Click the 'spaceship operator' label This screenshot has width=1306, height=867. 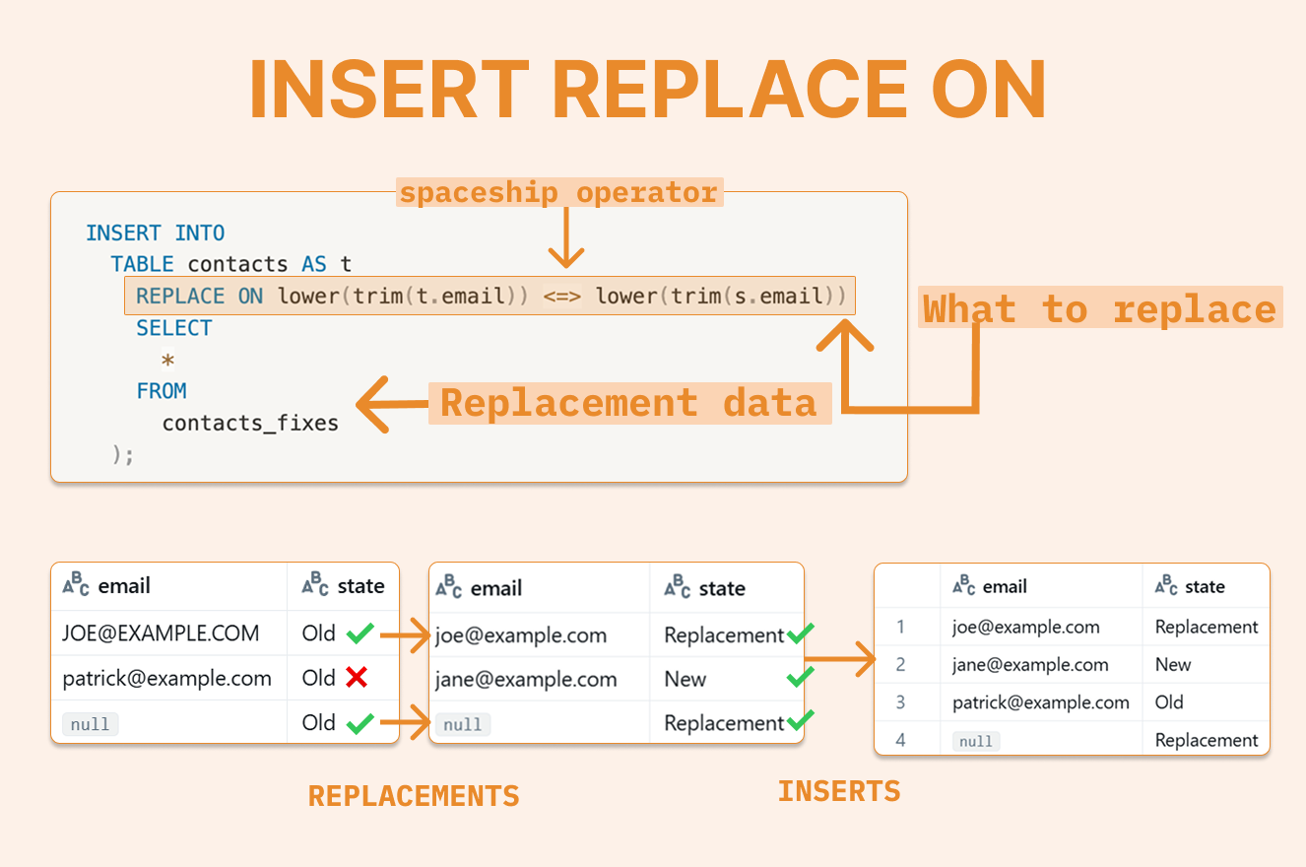pyautogui.click(x=559, y=192)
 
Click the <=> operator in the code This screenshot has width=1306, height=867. pyautogui.click(x=561, y=297)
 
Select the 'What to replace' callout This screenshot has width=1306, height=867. pyautogui.click(x=1099, y=309)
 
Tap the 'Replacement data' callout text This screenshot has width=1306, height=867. pyautogui.click(x=628, y=403)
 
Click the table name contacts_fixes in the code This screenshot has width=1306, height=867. pyautogui.click(x=250, y=424)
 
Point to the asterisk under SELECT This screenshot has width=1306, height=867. pyautogui.click(x=168, y=361)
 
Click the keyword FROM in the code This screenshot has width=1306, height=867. pyautogui.click(x=162, y=391)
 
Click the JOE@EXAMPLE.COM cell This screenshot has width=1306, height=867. pyautogui.click(x=161, y=634)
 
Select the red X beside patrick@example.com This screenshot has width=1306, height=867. pyautogui.click(x=357, y=678)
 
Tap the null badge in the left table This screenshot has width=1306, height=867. pyautogui.click(x=91, y=724)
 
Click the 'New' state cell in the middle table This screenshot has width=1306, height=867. pyautogui.click(x=686, y=679)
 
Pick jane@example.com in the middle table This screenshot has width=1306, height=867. pyautogui.click(x=526, y=679)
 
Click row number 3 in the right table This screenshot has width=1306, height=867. pyautogui.click(x=900, y=702)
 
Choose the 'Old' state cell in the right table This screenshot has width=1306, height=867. pyautogui.click(x=1169, y=702)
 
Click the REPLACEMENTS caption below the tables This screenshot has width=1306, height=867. pyautogui.click(x=414, y=796)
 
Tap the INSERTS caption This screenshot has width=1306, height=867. pyautogui.click(x=839, y=791)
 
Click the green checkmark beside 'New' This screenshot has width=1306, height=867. pyautogui.click(x=801, y=678)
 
